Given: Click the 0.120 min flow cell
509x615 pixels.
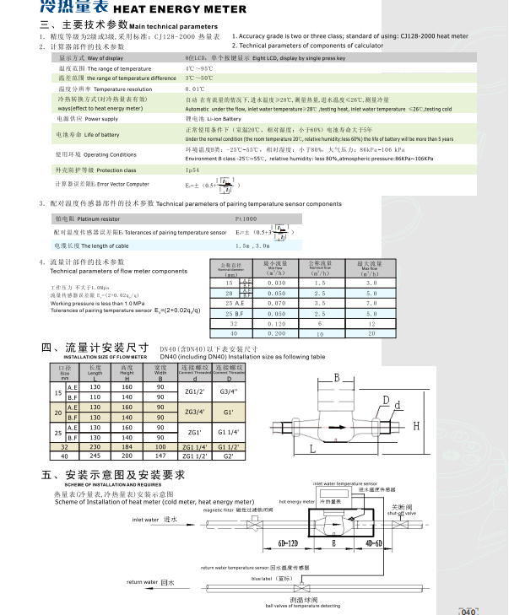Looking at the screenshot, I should (x=276, y=323).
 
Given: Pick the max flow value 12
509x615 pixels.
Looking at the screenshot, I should (x=371, y=323).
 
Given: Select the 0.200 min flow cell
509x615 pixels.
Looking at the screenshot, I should (x=276, y=333).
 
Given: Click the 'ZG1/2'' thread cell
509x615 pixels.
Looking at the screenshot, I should (x=187, y=391).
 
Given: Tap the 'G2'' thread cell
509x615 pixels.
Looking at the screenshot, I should (x=227, y=456).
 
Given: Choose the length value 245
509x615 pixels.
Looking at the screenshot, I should (x=95, y=456).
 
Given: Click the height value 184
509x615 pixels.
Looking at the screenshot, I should (x=127, y=447).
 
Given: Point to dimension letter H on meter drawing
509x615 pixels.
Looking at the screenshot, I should (x=414, y=427).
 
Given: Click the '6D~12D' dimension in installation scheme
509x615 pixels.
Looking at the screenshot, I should (x=288, y=544).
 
